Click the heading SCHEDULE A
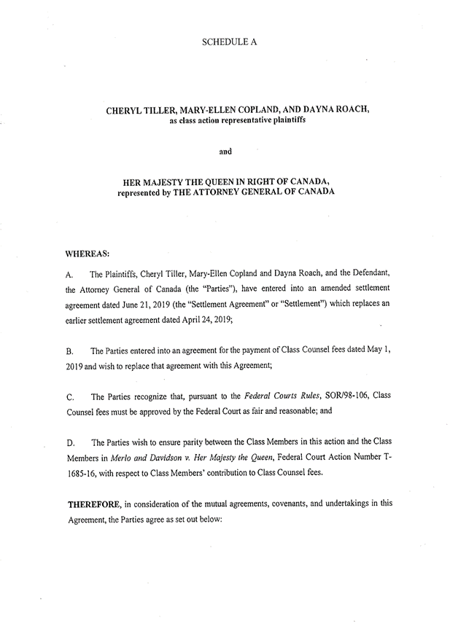(x=228, y=42)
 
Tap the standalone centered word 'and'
(x=225, y=152)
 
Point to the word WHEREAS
(x=88, y=253)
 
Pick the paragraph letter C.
(x=71, y=397)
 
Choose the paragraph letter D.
(x=71, y=443)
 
